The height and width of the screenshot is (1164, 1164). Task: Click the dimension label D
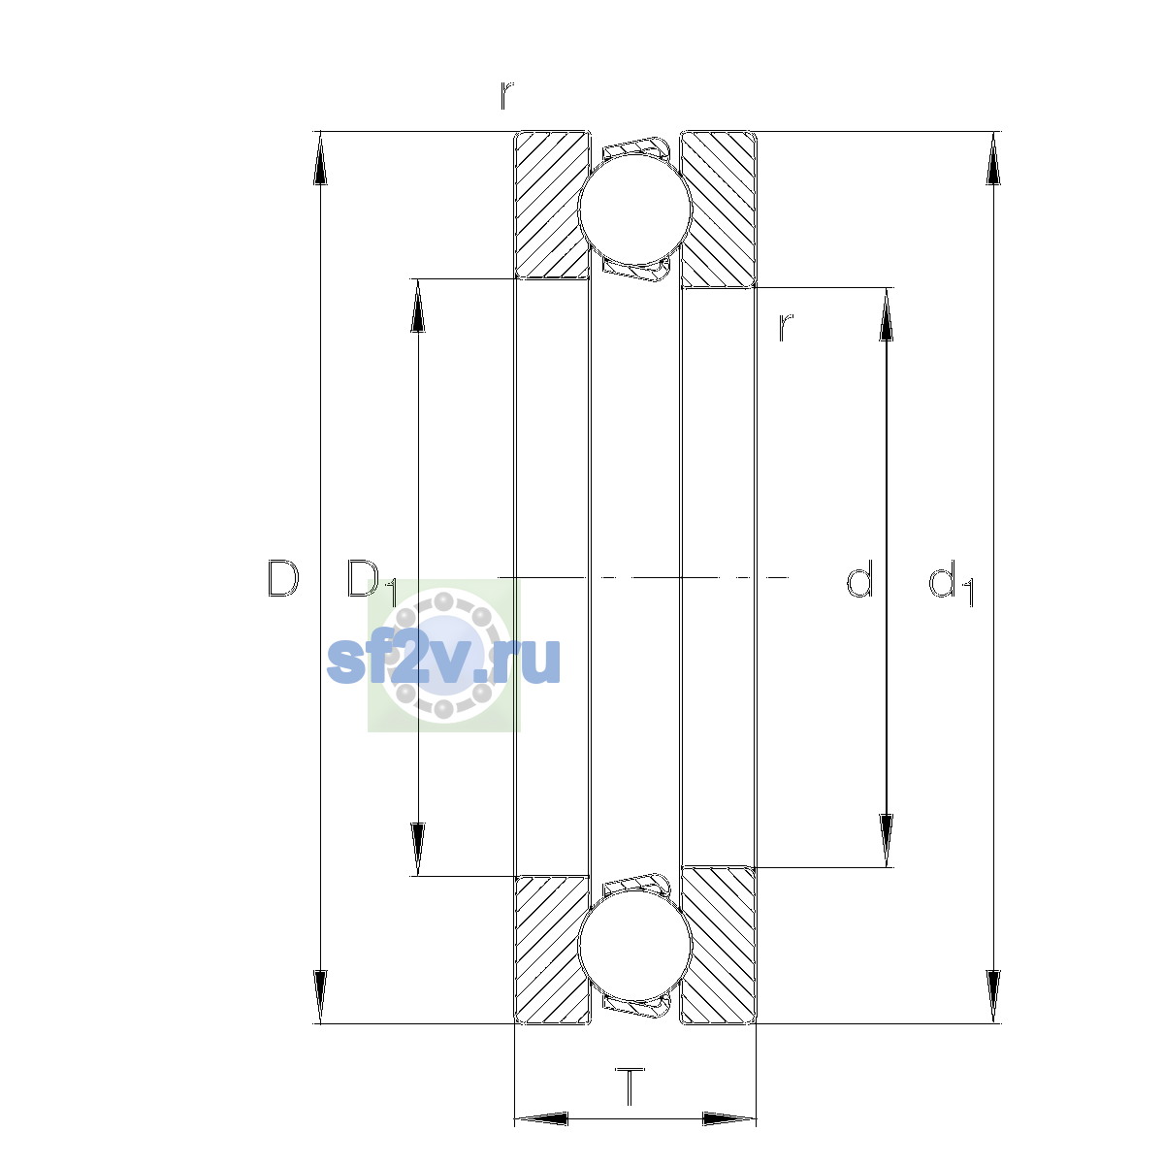282,578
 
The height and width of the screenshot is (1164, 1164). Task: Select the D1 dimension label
372,582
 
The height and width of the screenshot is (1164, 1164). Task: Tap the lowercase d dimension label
859,578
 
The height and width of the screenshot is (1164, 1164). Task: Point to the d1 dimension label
951,582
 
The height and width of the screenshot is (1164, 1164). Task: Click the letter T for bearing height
630,1086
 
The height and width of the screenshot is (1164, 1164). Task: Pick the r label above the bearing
506,95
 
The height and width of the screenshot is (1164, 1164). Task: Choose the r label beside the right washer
785,327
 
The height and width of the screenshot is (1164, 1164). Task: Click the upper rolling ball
634,209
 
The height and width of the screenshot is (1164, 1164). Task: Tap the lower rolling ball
634,946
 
